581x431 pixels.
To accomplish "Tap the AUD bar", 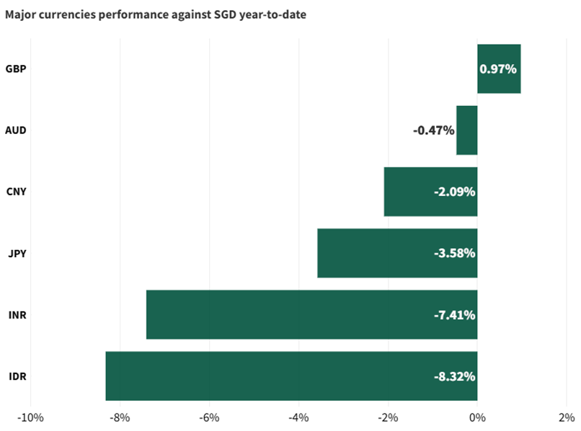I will [466, 130].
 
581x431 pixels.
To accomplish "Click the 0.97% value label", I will [498, 69].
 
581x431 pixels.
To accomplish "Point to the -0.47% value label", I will [433, 130].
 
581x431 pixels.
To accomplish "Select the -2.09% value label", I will [454, 192].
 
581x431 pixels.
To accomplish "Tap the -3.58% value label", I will [454, 254].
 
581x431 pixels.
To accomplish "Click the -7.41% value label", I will [454, 315].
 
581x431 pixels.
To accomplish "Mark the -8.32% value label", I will [454, 376].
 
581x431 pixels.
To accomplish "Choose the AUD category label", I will [16, 130].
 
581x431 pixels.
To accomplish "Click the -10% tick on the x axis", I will [31, 417].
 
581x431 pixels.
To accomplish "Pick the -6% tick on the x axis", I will [209, 417].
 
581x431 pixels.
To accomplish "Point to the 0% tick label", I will [477, 417].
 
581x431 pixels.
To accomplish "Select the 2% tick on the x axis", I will [567, 417].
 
